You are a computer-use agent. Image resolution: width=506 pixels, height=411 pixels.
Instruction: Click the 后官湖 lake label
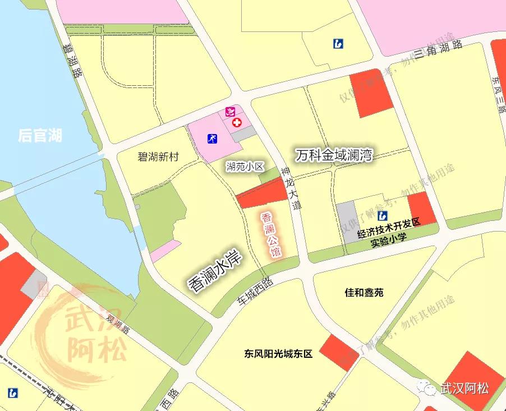tap(40, 135)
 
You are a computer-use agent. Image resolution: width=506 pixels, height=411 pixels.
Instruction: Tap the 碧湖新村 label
tap(158, 157)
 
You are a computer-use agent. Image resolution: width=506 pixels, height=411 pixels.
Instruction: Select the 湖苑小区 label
tap(245, 166)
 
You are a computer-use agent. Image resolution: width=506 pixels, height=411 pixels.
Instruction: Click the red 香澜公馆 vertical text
tap(270, 234)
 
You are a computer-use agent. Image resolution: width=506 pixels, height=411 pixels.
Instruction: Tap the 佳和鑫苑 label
tap(364, 293)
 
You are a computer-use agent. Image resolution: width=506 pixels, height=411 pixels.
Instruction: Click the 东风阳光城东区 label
tap(278, 354)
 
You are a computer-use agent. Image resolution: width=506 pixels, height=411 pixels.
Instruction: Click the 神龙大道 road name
tap(291, 188)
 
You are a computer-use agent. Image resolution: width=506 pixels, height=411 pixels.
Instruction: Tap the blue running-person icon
tap(213, 138)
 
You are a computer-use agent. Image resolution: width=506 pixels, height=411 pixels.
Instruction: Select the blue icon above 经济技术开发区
tap(383, 216)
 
